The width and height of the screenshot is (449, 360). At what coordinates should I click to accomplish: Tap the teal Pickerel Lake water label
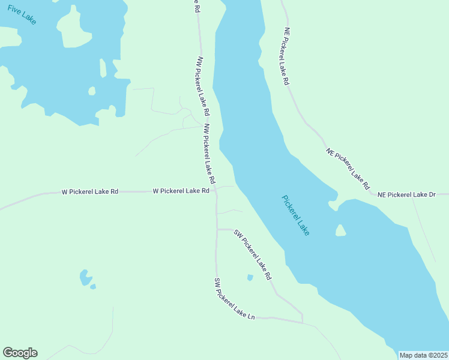coord(295,215)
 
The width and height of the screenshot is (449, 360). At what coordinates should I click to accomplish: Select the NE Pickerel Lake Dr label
coord(412,194)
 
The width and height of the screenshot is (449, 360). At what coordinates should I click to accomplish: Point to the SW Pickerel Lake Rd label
coord(253,255)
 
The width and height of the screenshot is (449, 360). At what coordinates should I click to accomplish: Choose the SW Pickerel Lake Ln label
coord(235,298)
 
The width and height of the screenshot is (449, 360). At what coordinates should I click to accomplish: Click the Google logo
coord(20,353)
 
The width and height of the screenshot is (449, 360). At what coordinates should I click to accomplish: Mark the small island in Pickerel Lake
coord(340,230)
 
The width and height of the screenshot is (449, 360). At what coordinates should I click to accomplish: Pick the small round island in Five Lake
coord(92,91)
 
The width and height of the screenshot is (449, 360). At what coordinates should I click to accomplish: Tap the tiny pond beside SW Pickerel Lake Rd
coord(250,277)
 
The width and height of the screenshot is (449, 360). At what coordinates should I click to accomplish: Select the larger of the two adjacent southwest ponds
coord(85,277)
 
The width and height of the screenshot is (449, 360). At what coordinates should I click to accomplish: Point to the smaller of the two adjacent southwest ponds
coord(93,287)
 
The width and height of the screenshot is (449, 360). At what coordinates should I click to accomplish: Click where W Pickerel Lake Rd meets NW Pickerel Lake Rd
coord(216,191)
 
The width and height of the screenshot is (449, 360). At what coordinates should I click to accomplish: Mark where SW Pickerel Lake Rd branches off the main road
coord(217,229)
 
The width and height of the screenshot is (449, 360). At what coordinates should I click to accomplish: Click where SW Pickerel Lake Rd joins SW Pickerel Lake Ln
coord(303,322)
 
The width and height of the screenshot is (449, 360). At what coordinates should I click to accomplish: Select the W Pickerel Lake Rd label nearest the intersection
coord(181,191)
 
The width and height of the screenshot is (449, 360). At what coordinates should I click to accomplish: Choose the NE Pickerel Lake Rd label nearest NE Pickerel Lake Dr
coord(348,169)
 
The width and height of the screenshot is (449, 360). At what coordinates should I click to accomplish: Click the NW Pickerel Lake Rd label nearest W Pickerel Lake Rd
coord(208,154)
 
